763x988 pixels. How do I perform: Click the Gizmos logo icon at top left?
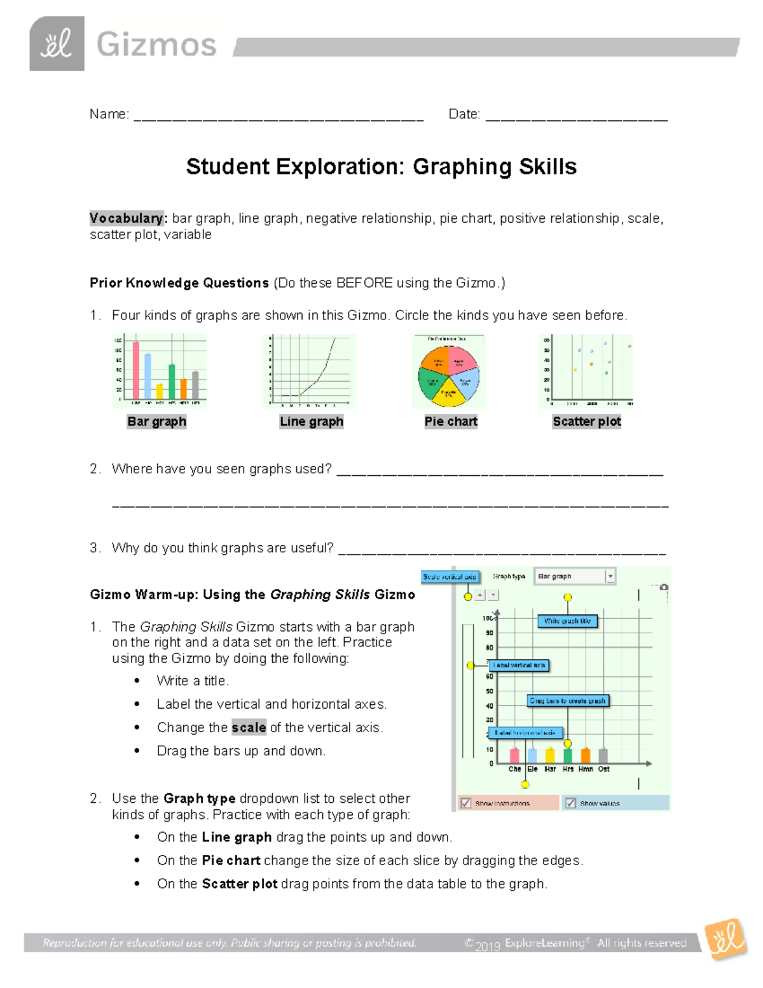(57, 44)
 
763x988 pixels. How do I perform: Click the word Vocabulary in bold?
(127, 218)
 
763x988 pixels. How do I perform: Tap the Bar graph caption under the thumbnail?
(156, 421)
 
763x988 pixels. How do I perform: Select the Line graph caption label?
(312, 421)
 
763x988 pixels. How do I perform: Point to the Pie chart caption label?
(451, 421)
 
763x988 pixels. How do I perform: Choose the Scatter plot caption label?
(586, 421)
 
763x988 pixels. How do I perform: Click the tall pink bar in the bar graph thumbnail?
(135, 370)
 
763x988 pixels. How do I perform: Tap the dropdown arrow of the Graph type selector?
(610, 576)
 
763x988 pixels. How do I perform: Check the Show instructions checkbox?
(466, 803)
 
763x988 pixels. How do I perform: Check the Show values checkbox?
(571, 803)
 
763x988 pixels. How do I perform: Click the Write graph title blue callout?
(567, 621)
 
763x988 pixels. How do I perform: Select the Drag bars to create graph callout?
(568, 700)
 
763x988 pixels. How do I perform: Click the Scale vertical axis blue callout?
(450, 576)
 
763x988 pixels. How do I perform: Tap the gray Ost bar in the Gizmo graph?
(603, 755)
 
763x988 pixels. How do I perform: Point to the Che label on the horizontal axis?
(514, 769)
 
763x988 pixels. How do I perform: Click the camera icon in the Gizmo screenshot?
(664, 587)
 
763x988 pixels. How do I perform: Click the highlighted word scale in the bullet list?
(249, 727)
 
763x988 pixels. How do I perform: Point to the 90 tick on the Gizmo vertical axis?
(490, 633)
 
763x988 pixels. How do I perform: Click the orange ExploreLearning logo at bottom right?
(726, 938)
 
